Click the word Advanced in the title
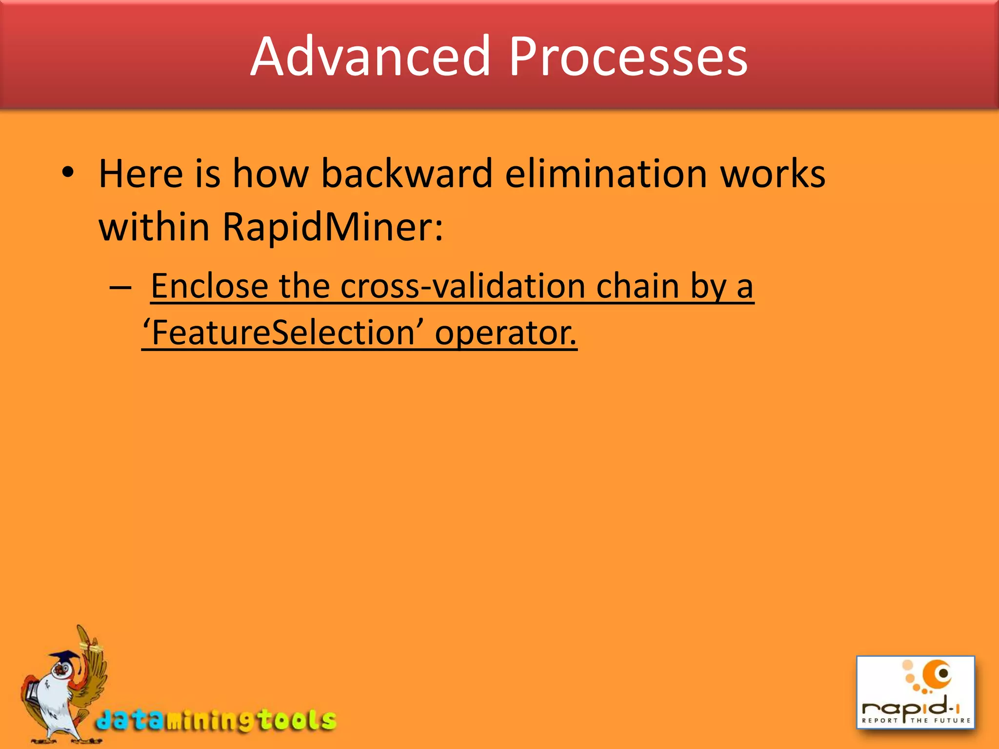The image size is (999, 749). pyautogui.click(x=371, y=57)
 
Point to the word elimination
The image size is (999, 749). pyautogui.click(x=606, y=174)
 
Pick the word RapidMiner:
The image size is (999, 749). pyautogui.click(x=333, y=227)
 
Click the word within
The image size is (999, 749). pyautogui.click(x=154, y=227)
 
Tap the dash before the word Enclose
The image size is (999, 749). pyautogui.click(x=120, y=288)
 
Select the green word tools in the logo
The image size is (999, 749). pyautogui.click(x=297, y=720)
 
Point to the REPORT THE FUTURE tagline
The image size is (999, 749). pyautogui.click(x=916, y=720)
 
